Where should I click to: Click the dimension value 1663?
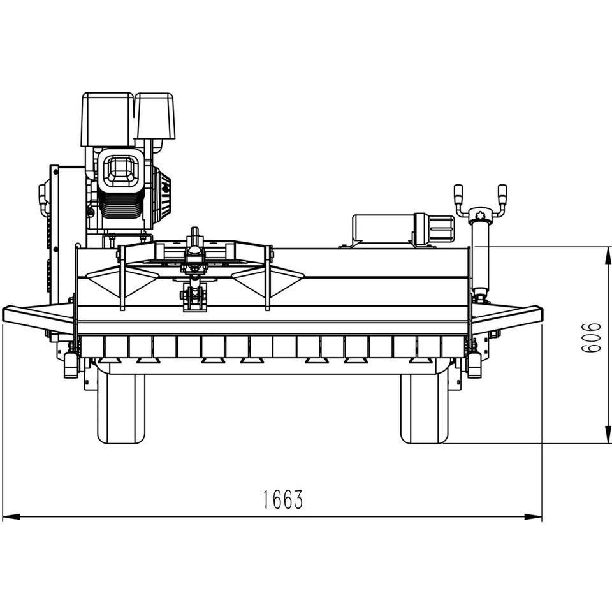[x=282, y=499]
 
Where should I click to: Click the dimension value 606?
[x=592, y=338]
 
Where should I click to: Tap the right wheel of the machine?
[x=425, y=408]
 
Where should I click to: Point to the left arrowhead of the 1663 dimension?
[x=11, y=517]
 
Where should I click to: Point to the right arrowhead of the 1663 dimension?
[x=533, y=517]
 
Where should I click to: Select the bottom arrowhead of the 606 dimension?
[x=608, y=434]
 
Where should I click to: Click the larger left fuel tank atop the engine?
[x=107, y=119]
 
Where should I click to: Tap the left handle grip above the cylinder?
[x=458, y=195]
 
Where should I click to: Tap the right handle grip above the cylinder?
[x=502, y=195]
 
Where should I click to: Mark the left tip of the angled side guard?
[x=3, y=313]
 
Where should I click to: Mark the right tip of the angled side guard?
[x=542, y=313]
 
